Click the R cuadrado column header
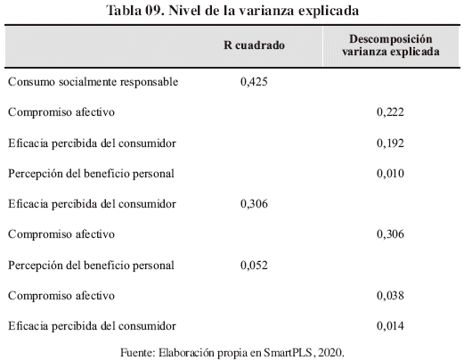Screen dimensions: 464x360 click(254, 45)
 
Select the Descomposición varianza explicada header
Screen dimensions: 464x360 click(391, 45)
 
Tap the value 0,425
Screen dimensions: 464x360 click(254, 82)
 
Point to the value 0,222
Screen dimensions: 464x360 click(390, 112)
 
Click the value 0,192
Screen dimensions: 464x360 click(390, 143)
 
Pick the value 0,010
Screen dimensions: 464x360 click(390, 174)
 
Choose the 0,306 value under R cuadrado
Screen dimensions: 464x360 click(254, 204)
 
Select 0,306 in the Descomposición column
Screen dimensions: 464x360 click(390, 234)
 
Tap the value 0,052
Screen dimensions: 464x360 click(254, 266)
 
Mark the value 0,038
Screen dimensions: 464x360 click(390, 296)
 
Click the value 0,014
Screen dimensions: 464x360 click(390, 326)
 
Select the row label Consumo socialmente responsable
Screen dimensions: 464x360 click(94, 82)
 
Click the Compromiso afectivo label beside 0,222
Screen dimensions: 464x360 click(61, 112)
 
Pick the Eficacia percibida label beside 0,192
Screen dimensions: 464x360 click(92, 143)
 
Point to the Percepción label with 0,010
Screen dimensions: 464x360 click(91, 174)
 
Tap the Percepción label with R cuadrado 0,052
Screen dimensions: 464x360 click(91, 266)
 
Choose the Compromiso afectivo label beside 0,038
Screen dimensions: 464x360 click(61, 296)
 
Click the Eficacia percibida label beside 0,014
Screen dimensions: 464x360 click(92, 326)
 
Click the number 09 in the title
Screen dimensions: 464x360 click(155, 11)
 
